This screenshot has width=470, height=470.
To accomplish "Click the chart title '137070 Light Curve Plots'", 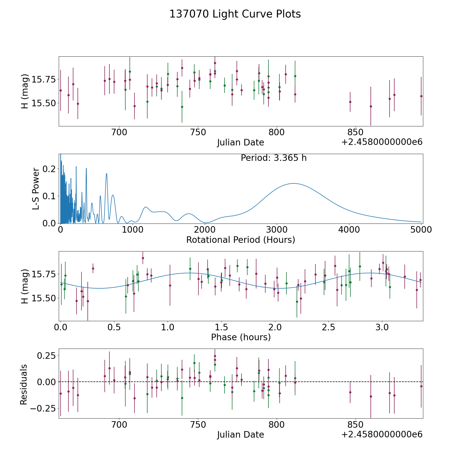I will click(235, 14).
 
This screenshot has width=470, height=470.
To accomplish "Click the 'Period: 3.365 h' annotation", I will click(274, 158).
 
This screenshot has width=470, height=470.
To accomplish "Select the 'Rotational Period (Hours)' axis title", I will click(240, 240).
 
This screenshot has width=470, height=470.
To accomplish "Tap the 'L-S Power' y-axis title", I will click(36, 189).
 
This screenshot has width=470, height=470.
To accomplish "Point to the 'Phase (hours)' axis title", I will click(241, 337).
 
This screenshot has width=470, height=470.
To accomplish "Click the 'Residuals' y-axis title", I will click(24, 384).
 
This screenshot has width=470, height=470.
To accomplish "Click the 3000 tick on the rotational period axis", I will click(277, 230).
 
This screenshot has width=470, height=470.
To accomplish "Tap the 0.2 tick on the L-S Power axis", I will click(49, 169).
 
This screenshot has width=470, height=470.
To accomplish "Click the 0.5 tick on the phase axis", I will click(114, 327).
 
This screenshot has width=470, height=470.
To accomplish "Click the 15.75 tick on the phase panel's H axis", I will click(43, 274).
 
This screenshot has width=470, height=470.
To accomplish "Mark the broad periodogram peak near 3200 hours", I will click(293, 184).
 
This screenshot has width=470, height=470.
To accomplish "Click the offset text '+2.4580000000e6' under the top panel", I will click(382, 142).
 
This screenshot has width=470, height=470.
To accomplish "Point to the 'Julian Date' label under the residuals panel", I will click(240, 434).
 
